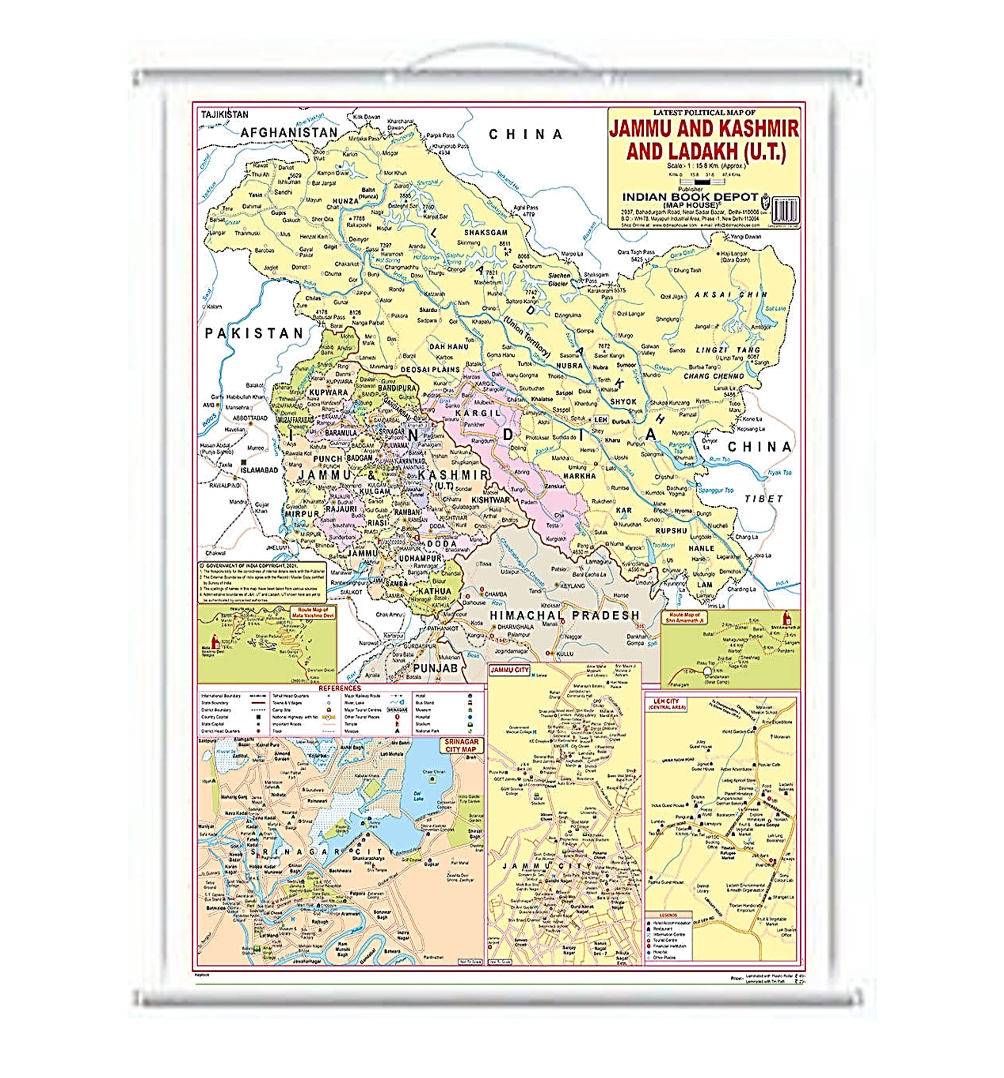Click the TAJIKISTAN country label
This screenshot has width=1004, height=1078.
pos(224,115)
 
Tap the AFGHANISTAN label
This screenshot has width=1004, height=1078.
pos(288,132)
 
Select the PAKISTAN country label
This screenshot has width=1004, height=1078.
pos(254,333)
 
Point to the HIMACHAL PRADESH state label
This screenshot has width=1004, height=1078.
pos(564,615)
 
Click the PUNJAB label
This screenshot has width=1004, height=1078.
pos(436,667)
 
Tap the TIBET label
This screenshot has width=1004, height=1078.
pos(763,499)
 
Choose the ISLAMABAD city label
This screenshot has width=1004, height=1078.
pos(259,470)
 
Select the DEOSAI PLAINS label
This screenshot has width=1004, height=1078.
pos(429,369)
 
